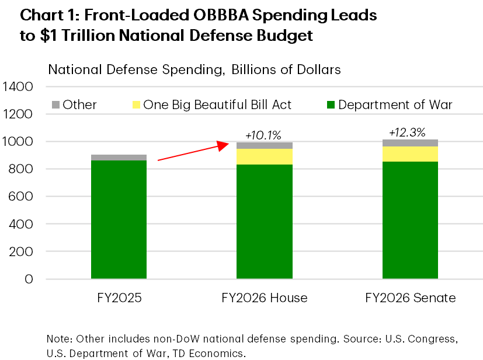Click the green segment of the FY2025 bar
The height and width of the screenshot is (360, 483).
pyautogui.click(x=119, y=219)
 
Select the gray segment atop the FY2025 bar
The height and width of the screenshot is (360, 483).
pyautogui.click(x=119, y=158)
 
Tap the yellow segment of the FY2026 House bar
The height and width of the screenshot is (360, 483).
pyautogui.click(x=264, y=156)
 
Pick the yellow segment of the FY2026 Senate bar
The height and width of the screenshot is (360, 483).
pyautogui.click(x=410, y=154)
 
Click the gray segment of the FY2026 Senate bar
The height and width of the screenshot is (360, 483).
pyautogui.click(x=410, y=143)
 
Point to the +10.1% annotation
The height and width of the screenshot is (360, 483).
pyautogui.click(x=263, y=135)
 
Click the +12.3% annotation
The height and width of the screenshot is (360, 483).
pyautogui.click(x=409, y=132)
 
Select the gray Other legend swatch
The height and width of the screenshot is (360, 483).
pyautogui.click(x=56, y=105)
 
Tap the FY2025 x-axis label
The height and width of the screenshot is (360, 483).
pyautogui.click(x=119, y=298)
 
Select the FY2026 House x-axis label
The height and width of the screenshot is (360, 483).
pyautogui.click(x=264, y=298)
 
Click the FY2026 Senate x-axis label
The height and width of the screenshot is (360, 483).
pyautogui.click(x=410, y=298)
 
